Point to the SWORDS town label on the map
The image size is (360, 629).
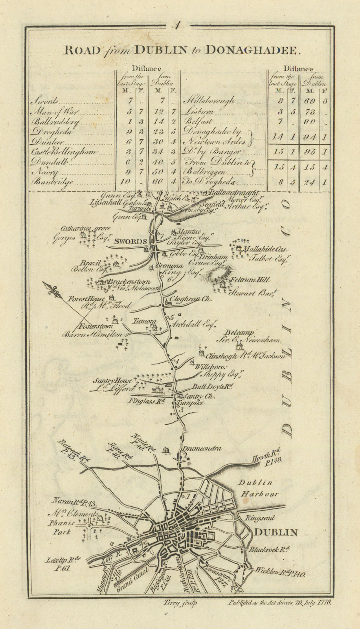128,241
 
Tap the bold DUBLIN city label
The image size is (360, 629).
276,532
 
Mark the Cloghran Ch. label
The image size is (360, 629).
189,299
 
